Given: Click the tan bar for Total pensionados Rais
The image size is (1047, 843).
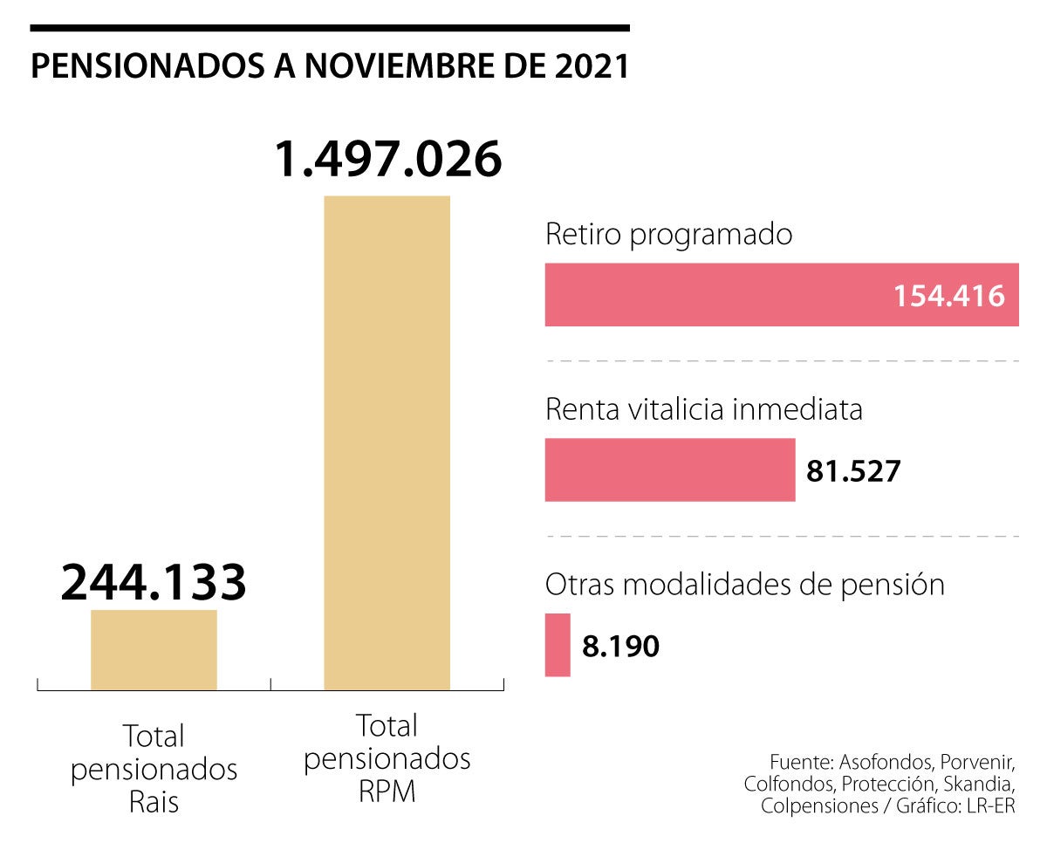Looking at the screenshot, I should click(154, 649).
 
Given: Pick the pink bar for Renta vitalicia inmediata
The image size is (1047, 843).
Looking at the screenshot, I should click(669, 470).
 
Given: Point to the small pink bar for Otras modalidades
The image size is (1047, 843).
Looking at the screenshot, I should click(558, 645).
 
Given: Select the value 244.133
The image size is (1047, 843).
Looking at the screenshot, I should click(154, 583).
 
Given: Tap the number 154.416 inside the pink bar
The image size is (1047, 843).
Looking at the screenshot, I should click(949, 296).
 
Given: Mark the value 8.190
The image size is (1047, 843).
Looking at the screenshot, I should click(621, 646).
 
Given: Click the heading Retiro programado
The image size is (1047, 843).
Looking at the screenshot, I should click(669, 235).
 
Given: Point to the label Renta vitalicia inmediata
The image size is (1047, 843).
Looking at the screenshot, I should click(703, 409).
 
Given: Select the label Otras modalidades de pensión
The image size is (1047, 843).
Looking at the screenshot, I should click(744, 584).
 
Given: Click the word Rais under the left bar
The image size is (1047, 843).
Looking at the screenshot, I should click(154, 802).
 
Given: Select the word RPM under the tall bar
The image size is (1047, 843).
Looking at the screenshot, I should click(387, 791).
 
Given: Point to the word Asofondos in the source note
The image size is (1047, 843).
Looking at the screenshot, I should click(859, 759).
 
